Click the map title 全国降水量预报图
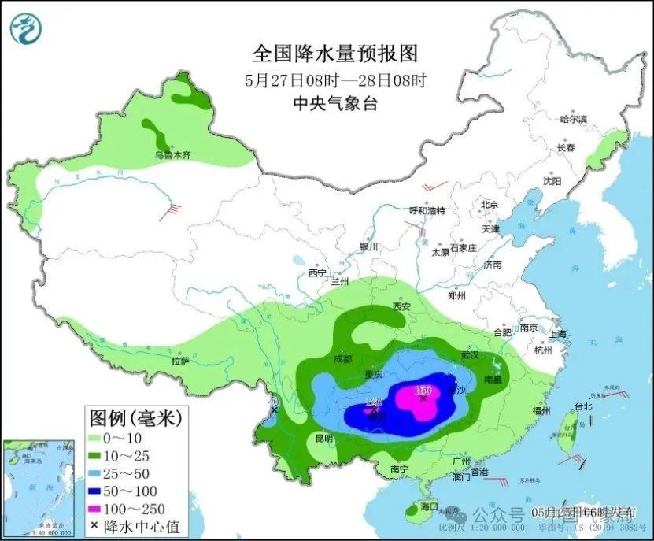click(x=334, y=54)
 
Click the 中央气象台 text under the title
click(x=334, y=103)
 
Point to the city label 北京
click(x=490, y=205)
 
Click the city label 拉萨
click(x=180, y=361)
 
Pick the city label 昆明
click(x=323, y=438)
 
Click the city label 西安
click(x=402, y=306)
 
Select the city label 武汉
click(x=470, y=355)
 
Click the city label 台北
click(x=582, y=407)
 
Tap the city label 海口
click(x=429, y=506)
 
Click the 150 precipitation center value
click(x=423, y=390)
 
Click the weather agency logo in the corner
click(x=27, y=28)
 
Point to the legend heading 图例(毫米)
click(x=136, y=416)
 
